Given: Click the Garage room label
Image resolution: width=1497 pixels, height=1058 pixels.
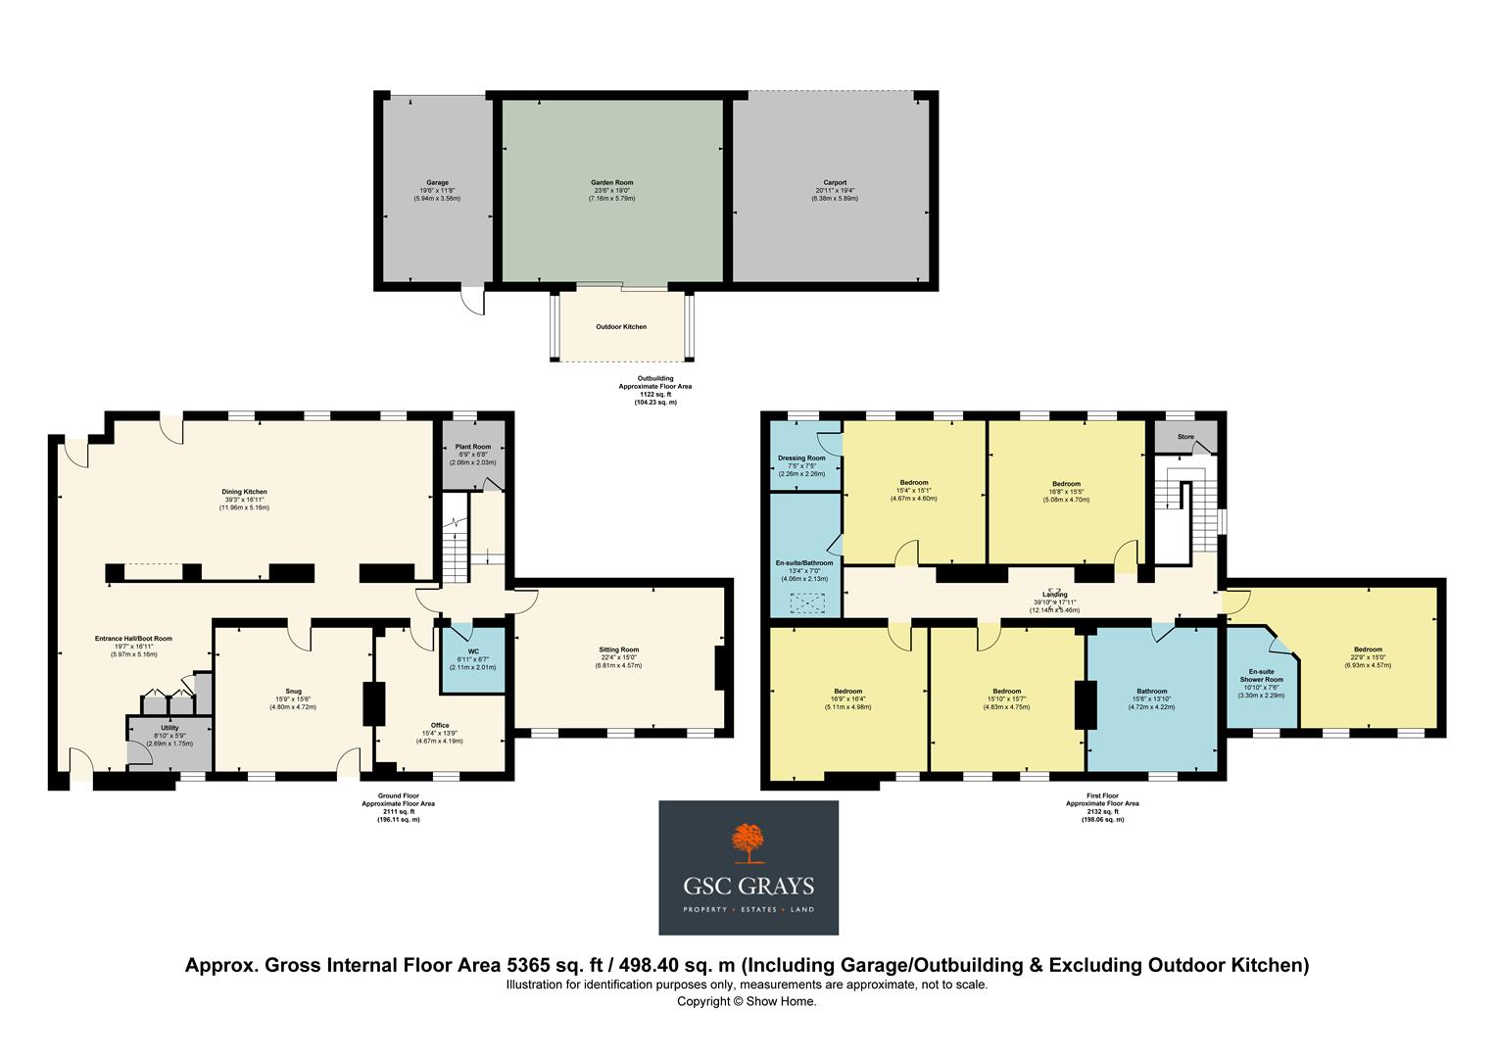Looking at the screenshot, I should click(x=437, y=183).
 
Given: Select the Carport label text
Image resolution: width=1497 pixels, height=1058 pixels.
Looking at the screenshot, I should click(x=835, y=183).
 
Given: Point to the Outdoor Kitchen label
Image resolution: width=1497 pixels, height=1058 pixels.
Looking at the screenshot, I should click(x=621, y=327).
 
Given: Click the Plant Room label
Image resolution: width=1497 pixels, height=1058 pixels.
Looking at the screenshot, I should click(x=472, y=447).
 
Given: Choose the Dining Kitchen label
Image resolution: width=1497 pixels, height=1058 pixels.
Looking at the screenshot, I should click(x=245, y=492).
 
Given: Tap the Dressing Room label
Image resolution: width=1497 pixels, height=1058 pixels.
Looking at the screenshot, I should click(x=801, y=457).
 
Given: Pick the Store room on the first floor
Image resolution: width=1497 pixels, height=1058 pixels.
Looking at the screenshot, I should click(x=1185, y=437).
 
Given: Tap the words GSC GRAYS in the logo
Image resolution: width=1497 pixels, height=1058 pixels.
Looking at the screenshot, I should click(x=748, y=888).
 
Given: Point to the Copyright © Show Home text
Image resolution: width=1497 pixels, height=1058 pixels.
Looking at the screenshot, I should click(x=747, y=1001).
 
